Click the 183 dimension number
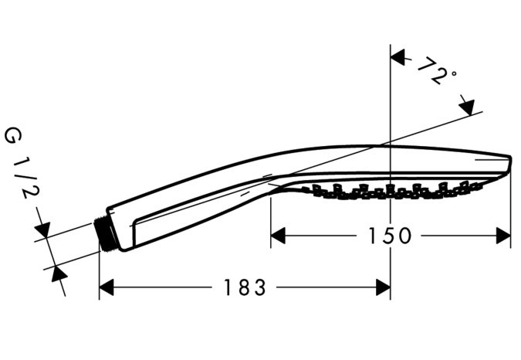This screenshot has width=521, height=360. [x=245, y=287]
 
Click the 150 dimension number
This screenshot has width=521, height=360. [x=390, y=236]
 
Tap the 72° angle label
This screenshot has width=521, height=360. [x=436, y=72]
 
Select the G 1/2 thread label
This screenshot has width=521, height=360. [x=22, y=164]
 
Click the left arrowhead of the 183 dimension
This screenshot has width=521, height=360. [x=107, y=287]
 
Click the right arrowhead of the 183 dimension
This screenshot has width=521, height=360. [x=383, y=287]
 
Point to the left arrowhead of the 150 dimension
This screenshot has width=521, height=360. [x=278, y=236]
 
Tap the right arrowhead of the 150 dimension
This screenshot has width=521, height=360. [x=503, y=236]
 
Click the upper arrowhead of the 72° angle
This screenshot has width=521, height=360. [x=398, y=57]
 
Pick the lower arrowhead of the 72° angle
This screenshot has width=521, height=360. [x=467, y=107]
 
